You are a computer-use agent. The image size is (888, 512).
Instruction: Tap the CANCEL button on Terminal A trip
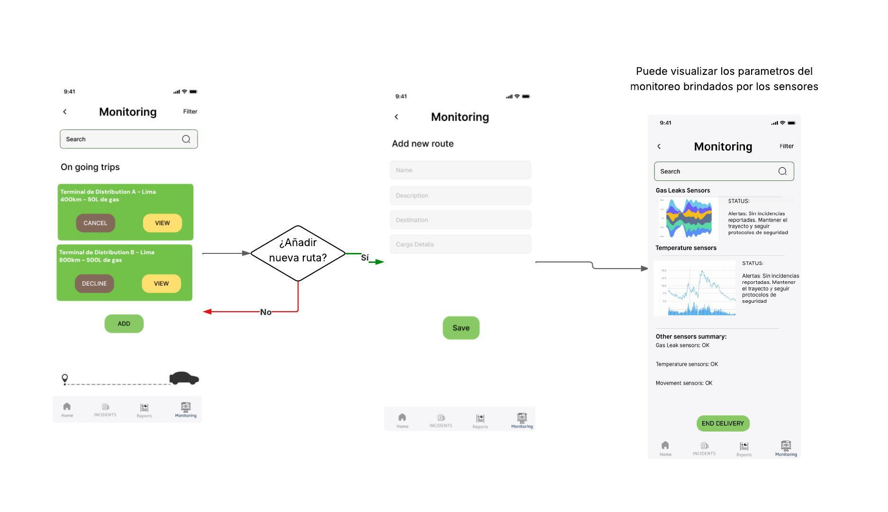click(95, 223)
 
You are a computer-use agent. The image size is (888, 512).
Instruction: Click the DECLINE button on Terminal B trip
click(94, 284)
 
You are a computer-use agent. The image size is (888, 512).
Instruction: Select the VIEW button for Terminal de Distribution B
click(161, 284)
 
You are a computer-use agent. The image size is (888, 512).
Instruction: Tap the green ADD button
click(124, 324)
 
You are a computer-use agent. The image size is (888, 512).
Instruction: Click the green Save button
click(461, 328)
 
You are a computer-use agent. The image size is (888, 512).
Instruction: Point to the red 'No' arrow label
click(266, 312)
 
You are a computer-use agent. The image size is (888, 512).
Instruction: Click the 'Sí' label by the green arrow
click(364, 258)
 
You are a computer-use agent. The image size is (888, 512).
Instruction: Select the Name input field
click(460, 170)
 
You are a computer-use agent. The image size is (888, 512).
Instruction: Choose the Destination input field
click(460, 220)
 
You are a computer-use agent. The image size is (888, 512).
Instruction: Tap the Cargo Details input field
click(460, 244)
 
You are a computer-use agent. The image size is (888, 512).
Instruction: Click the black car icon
click(184, 378)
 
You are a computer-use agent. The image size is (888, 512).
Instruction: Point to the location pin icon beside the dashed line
click(65, 378)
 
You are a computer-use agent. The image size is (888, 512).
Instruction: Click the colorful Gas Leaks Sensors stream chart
click(689, 219)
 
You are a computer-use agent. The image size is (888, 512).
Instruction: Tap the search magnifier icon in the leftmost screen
click(186, 139)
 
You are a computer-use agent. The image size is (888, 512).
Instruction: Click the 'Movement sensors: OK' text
click(684, 383)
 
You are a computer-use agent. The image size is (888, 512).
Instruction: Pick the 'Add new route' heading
click(423, 144)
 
